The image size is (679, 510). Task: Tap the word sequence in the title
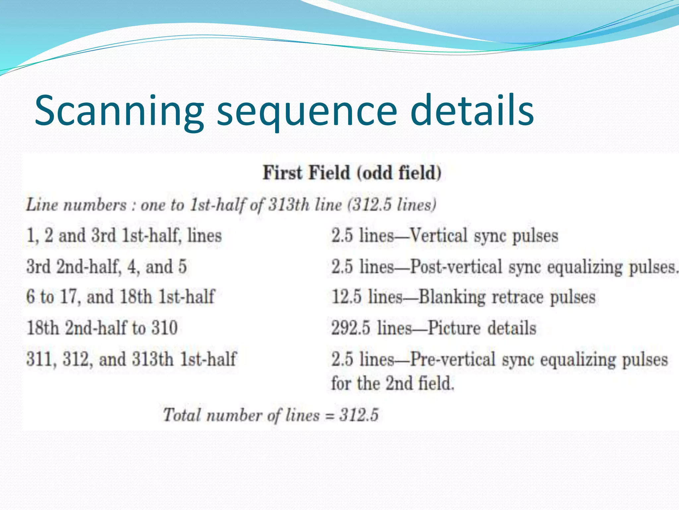tap(307, 111)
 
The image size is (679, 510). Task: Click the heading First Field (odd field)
tap(352, 173)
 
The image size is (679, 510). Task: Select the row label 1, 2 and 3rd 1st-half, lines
tap(124, 236)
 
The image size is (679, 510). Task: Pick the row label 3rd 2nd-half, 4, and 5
tap(106, 267)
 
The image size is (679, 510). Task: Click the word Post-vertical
tap(456, 267)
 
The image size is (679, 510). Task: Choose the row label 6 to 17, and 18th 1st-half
tap(121, 297)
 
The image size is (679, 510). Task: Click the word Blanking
tap(452, 297)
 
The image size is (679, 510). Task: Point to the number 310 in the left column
tap(165, 328)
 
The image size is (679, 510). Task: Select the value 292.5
tap(350, 328)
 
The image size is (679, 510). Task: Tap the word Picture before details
tap(454, 328)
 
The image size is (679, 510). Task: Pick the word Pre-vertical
tap(453, 359)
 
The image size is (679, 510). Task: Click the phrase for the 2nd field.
tap(393, 383)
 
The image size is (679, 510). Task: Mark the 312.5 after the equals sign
tap(359, 415)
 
